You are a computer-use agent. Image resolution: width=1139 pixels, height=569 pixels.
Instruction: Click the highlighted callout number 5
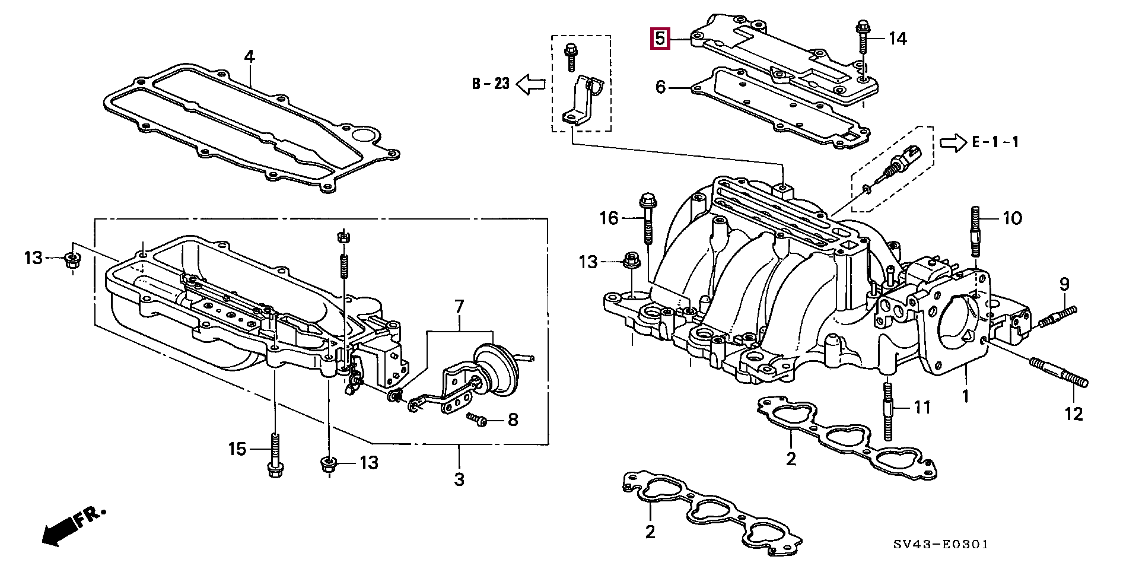tap(660, 39)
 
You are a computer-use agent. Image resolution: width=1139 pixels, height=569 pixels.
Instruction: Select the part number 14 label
tap(897, 39)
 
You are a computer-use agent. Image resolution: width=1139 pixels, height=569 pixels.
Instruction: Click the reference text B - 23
tap(491, 84)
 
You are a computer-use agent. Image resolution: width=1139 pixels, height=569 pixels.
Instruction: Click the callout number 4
tap(249, 57)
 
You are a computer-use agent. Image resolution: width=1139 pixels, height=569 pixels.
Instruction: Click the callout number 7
tap(459, 307)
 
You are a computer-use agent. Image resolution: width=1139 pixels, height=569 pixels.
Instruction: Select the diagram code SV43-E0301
tap(942, 544)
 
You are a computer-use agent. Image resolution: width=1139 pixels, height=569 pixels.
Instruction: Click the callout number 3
tap(459, 479)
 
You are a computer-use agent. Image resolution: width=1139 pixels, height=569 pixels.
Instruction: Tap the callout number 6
tap(661, 88)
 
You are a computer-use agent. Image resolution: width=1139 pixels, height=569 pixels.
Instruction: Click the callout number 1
tap(965, 395)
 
